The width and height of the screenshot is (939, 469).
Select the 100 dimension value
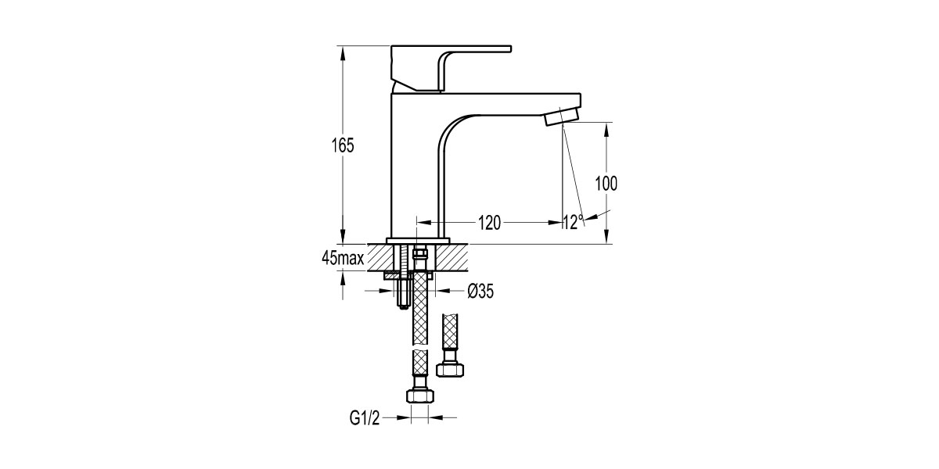[x=606, y=184]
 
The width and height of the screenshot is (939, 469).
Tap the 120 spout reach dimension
[x=488, y=223]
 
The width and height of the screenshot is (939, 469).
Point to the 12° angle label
[x=573, y=222]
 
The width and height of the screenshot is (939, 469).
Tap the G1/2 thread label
[x=364, y=418]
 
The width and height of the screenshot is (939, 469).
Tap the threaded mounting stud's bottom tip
[x=402, y=304]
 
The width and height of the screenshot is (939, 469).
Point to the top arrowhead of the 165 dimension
[x=343, y=51]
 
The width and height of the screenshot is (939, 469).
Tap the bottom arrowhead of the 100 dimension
[x=606, y=238]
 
